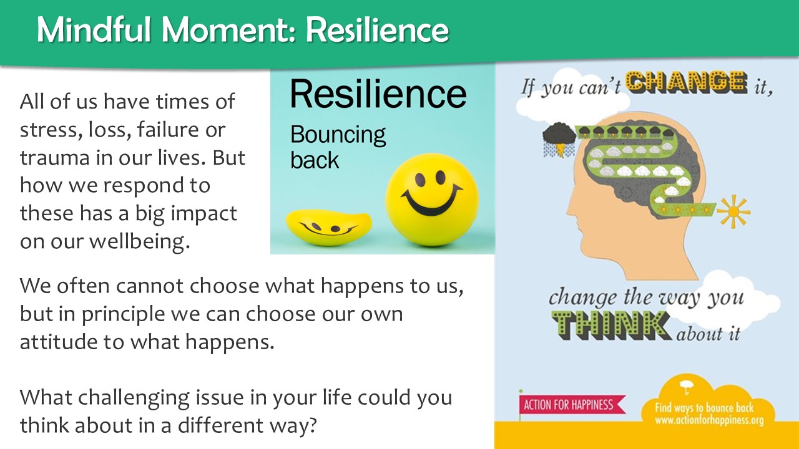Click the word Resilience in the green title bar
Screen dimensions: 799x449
point(377,30)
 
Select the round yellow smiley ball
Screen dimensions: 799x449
point(432,200)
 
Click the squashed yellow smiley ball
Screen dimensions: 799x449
point(328,228)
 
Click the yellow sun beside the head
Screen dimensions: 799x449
point(733,211)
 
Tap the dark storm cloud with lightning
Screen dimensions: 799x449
point(559,140)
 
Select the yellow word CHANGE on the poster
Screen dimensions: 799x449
point(686,82)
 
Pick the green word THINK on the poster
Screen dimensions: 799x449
point(611,326)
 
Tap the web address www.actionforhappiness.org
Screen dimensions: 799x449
point(708,420)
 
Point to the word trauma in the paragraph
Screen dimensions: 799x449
point(54,158)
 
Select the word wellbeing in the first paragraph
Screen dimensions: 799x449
point(139,242)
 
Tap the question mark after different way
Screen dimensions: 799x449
point(311,425)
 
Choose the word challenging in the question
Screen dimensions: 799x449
point(134,398)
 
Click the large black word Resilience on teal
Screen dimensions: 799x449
point(378,94)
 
